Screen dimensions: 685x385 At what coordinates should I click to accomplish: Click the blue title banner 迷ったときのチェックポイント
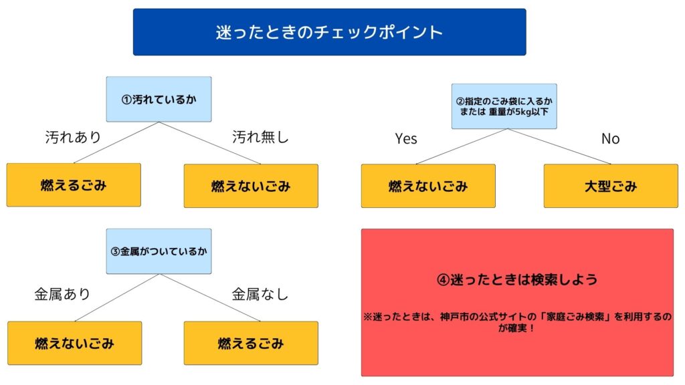(329, 32)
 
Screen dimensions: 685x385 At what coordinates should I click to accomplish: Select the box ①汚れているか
(159, 99)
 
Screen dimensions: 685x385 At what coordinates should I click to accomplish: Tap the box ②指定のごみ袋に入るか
(504, 106)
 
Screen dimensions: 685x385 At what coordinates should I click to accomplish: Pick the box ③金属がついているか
(159, 251)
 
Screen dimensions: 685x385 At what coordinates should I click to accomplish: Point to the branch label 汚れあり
(73, 137)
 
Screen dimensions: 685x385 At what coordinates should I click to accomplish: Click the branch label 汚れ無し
(260, 137)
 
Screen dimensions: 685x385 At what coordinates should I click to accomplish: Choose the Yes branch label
(406, 139)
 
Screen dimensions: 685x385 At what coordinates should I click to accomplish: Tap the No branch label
(610, 139)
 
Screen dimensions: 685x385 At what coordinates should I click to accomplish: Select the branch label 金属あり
(62, 294)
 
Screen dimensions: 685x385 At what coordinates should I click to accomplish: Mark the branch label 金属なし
(260, 294)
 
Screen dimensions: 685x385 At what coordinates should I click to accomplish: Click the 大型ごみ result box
(611, 186)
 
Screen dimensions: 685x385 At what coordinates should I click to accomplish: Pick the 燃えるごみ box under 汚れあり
(74, 185)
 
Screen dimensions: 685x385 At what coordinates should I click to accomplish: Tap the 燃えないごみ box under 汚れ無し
(251, 186)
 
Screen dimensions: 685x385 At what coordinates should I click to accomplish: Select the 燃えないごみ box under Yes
(428, 186)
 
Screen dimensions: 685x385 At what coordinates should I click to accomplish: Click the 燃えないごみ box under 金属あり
(75, 343)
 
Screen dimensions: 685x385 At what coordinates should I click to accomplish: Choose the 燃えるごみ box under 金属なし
(251, 343)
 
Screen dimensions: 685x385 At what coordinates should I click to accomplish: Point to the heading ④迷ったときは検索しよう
(517, 279)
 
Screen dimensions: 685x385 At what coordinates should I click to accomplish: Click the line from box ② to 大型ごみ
(559, 146)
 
